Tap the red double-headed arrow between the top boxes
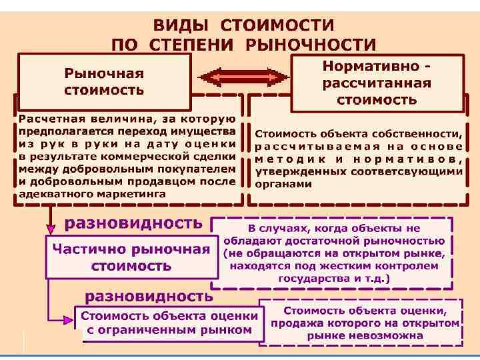point(241,78)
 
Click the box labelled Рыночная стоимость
point(105,80)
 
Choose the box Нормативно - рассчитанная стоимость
point(377,83)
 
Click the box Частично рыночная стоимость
point(131,257)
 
